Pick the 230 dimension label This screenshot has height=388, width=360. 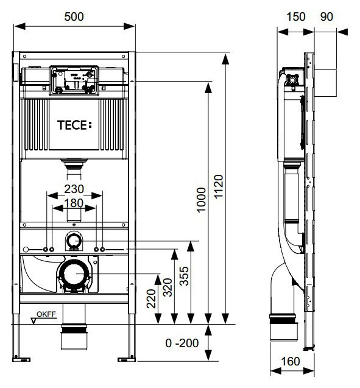74,189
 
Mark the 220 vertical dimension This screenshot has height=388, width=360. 152,298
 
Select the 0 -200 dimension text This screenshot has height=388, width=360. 183,344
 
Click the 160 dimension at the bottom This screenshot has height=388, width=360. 291,362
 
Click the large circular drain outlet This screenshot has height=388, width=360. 74,275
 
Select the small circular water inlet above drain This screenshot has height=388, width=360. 74,241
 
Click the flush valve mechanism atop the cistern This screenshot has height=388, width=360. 74,81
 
